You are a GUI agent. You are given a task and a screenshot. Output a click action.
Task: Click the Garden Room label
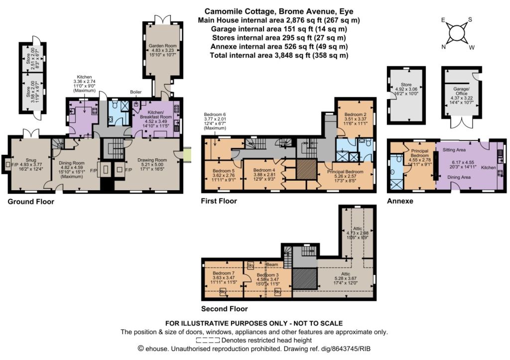point(163,46)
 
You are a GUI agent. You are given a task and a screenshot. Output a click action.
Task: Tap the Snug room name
point(31,160)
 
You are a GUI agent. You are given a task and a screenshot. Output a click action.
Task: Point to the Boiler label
point(135,92)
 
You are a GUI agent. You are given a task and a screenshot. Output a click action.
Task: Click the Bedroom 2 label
point(356,115)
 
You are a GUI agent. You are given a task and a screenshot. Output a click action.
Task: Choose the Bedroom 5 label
point(224,171)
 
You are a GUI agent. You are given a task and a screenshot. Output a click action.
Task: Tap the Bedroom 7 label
point(224,273)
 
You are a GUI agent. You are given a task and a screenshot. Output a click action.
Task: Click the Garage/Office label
point(461,91)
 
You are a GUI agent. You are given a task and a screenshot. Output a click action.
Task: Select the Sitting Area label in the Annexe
point(454,150)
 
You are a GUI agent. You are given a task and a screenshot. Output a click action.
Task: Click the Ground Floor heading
point(31,202)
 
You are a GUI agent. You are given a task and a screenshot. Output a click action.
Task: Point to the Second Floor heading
point(225,309)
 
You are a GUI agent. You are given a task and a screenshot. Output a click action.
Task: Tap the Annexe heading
point(400,201)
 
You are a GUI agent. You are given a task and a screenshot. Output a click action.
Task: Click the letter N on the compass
point(443,47)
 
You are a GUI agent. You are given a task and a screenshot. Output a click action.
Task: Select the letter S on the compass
point(470,19)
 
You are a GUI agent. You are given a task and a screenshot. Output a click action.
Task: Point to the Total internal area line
point(279,55)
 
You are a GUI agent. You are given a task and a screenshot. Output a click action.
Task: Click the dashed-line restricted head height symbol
point(208,341)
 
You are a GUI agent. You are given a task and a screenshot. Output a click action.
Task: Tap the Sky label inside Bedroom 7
point(223,292)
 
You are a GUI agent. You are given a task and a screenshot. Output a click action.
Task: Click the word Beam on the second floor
point(272,264)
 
